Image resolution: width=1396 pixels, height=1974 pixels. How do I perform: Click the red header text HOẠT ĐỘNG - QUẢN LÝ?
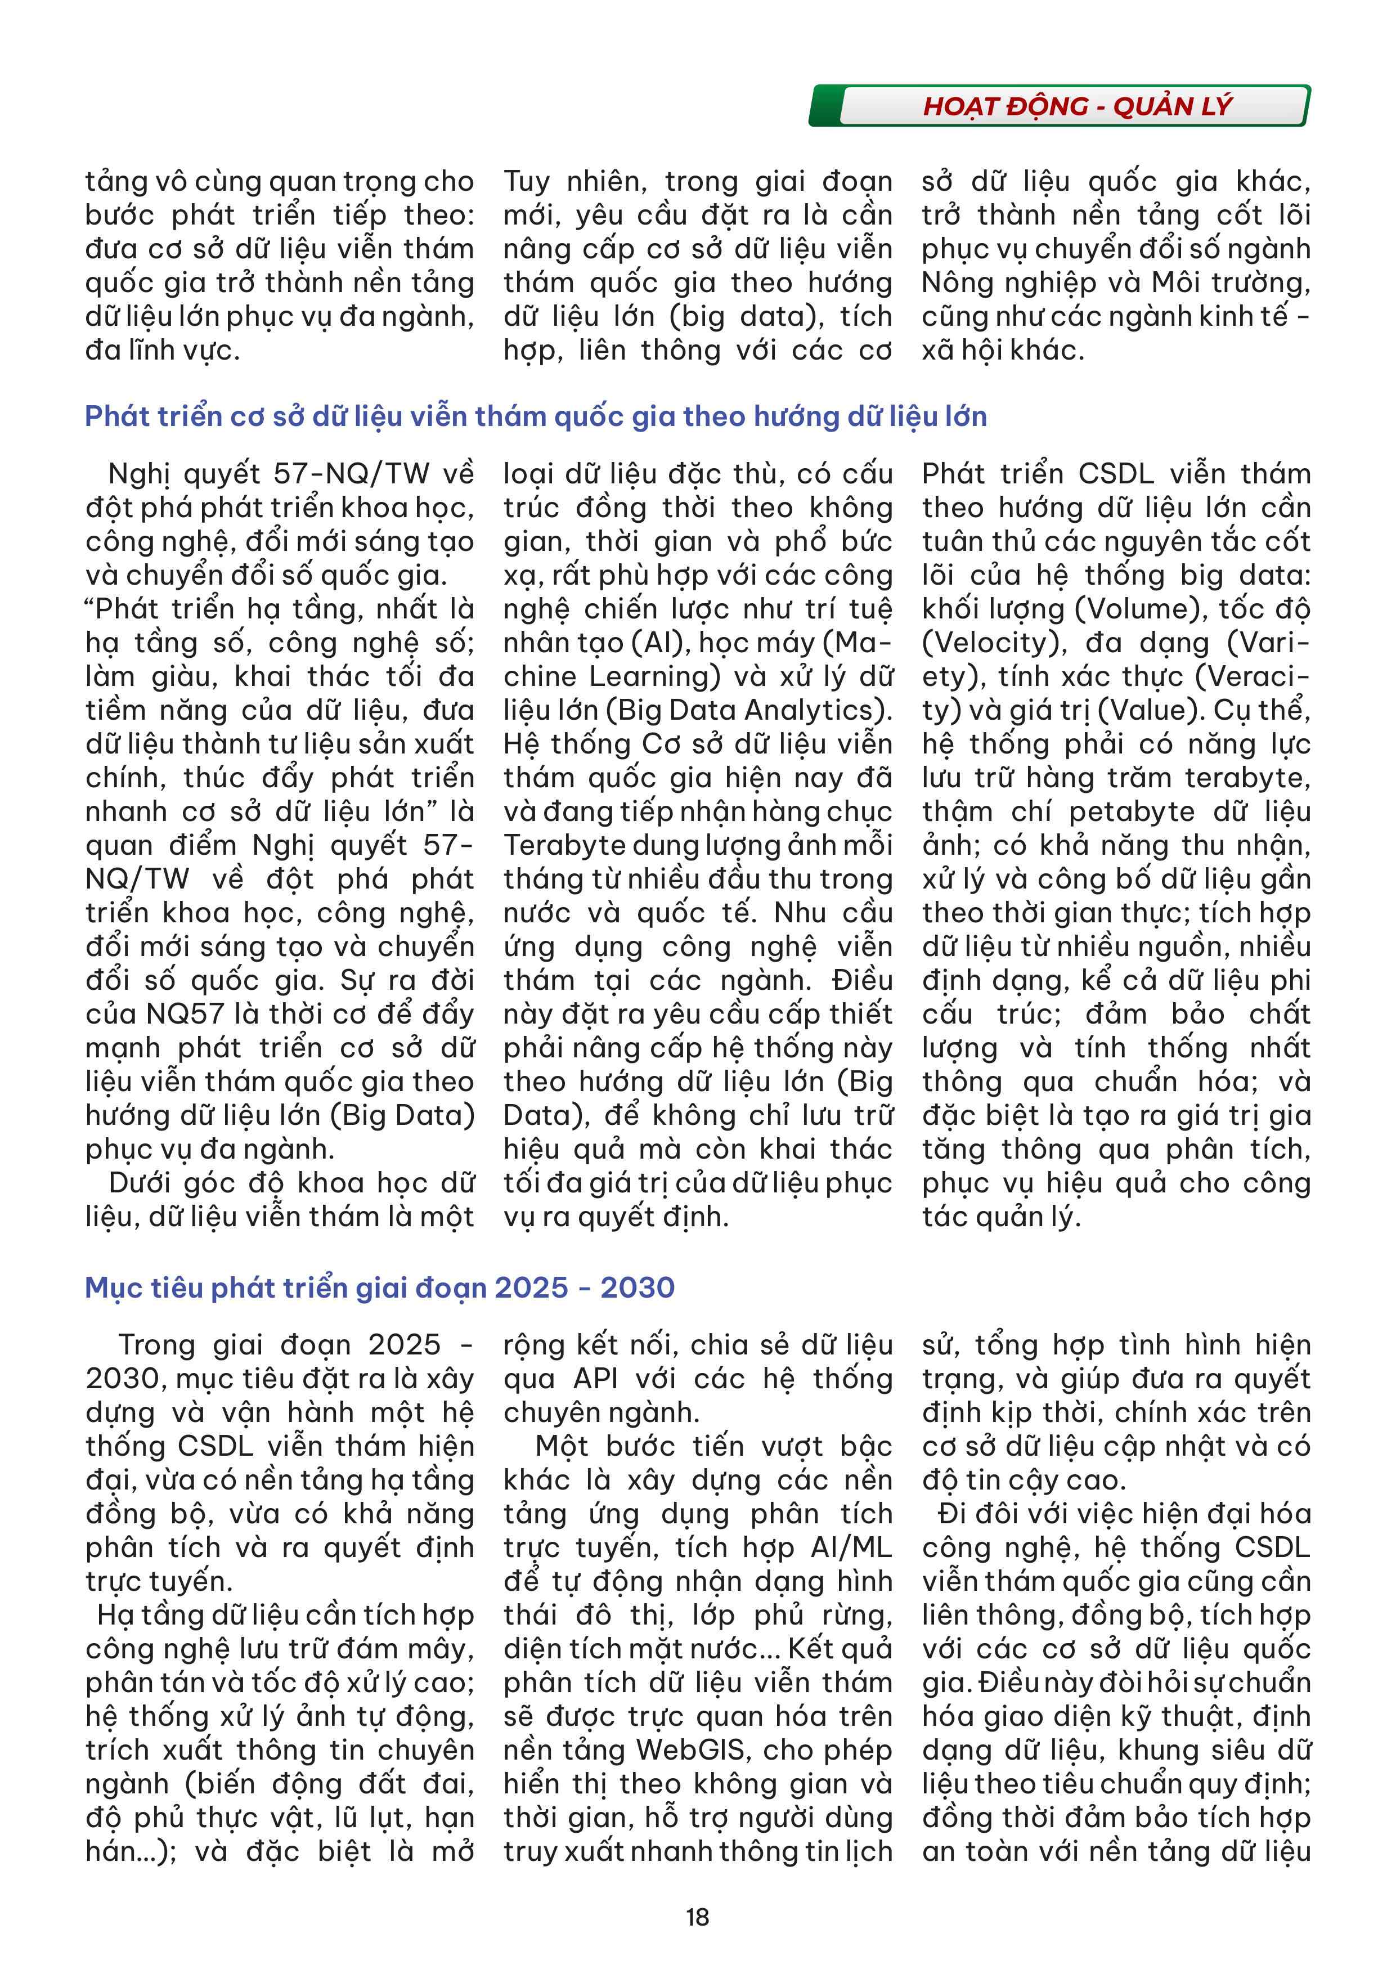[x=1077, y=106]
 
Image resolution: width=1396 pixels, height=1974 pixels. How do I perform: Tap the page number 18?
[x=697, y=1917]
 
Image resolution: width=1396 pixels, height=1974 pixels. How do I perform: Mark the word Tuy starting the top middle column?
[x=526, y=181]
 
